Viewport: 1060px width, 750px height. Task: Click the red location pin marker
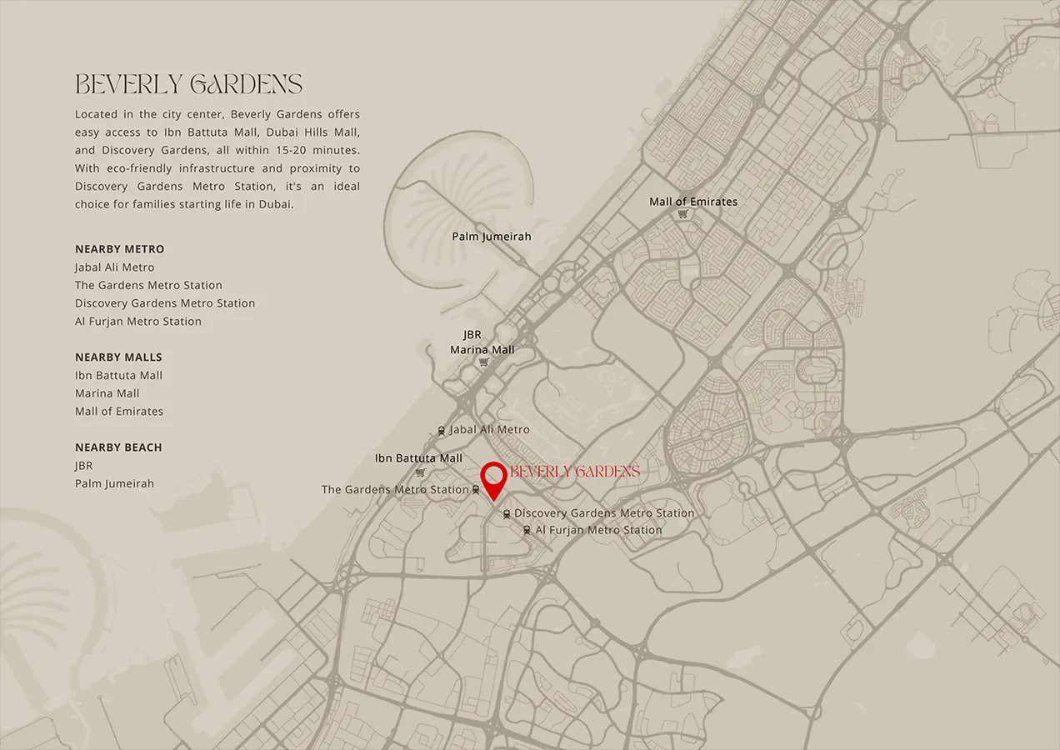coord(494,477)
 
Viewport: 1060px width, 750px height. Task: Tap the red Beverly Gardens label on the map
coord(575,472)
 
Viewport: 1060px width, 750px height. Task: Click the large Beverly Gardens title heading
coord(188,84)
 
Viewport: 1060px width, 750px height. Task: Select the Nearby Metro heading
coord(119,249)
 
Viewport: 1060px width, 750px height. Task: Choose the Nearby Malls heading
coord(118,357)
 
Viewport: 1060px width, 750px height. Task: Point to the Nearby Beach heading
coord(118,447)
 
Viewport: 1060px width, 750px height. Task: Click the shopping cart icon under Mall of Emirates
coord(683,214)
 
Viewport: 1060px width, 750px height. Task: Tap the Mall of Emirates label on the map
coord(693,202)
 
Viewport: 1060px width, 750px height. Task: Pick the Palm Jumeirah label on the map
coord(492,237)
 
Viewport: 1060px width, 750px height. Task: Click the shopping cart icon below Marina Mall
coord(483,362)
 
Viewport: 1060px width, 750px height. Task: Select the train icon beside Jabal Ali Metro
coord(442,431)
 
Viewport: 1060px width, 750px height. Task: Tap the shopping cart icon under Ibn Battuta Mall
coord(420,472)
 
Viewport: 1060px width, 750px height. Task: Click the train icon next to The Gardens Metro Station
coord(475,490)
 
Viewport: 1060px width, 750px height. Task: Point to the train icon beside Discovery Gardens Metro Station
coord(507,514)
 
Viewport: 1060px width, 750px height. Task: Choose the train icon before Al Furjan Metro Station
coord(527,530)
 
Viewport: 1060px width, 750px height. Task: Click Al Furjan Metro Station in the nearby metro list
coord(138,322)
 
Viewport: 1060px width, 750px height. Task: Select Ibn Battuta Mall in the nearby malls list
coord(118,376)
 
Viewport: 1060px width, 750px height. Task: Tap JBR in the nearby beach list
coord(84,466)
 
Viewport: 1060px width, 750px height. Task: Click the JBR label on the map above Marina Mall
coord(472,335)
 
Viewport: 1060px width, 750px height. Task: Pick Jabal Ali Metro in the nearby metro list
coord(114,267)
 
